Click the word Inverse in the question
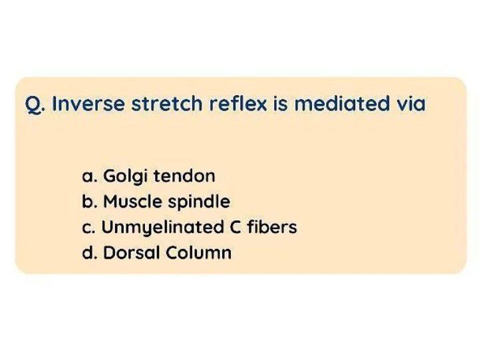[85, 104]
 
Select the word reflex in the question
[234, 104]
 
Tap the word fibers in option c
[271, 227]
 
